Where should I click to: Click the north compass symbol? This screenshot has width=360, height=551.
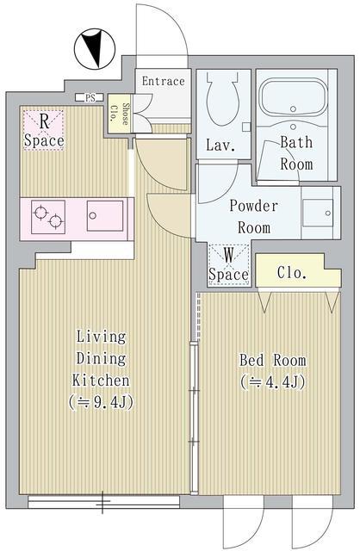click(95, 49)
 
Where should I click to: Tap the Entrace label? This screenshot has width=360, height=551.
click(163, 81)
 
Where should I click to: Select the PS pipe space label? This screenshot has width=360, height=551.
click(90, 97)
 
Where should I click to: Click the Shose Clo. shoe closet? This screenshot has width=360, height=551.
click(120, 114)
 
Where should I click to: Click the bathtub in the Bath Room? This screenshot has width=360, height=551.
click(293, 97)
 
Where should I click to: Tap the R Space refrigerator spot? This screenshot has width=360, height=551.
click(44, 130)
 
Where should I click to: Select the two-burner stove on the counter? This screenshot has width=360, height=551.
click(48, 217)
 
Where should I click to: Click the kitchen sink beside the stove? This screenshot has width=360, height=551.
click(105, 216)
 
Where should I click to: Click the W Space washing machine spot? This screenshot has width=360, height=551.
click(228, 265)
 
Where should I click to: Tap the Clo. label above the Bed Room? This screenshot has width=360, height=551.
click(291, 272)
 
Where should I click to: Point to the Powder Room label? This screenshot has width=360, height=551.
click(254, 216)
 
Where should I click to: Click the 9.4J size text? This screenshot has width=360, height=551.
click(102, 403)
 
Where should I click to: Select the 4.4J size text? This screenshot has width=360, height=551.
click(273, 382)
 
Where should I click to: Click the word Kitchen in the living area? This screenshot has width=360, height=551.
click(101, 381)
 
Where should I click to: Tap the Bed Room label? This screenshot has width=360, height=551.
click(273, 360)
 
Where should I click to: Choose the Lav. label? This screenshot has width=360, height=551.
click(220, 145)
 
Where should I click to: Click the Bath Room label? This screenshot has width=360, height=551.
click(296, 153)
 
